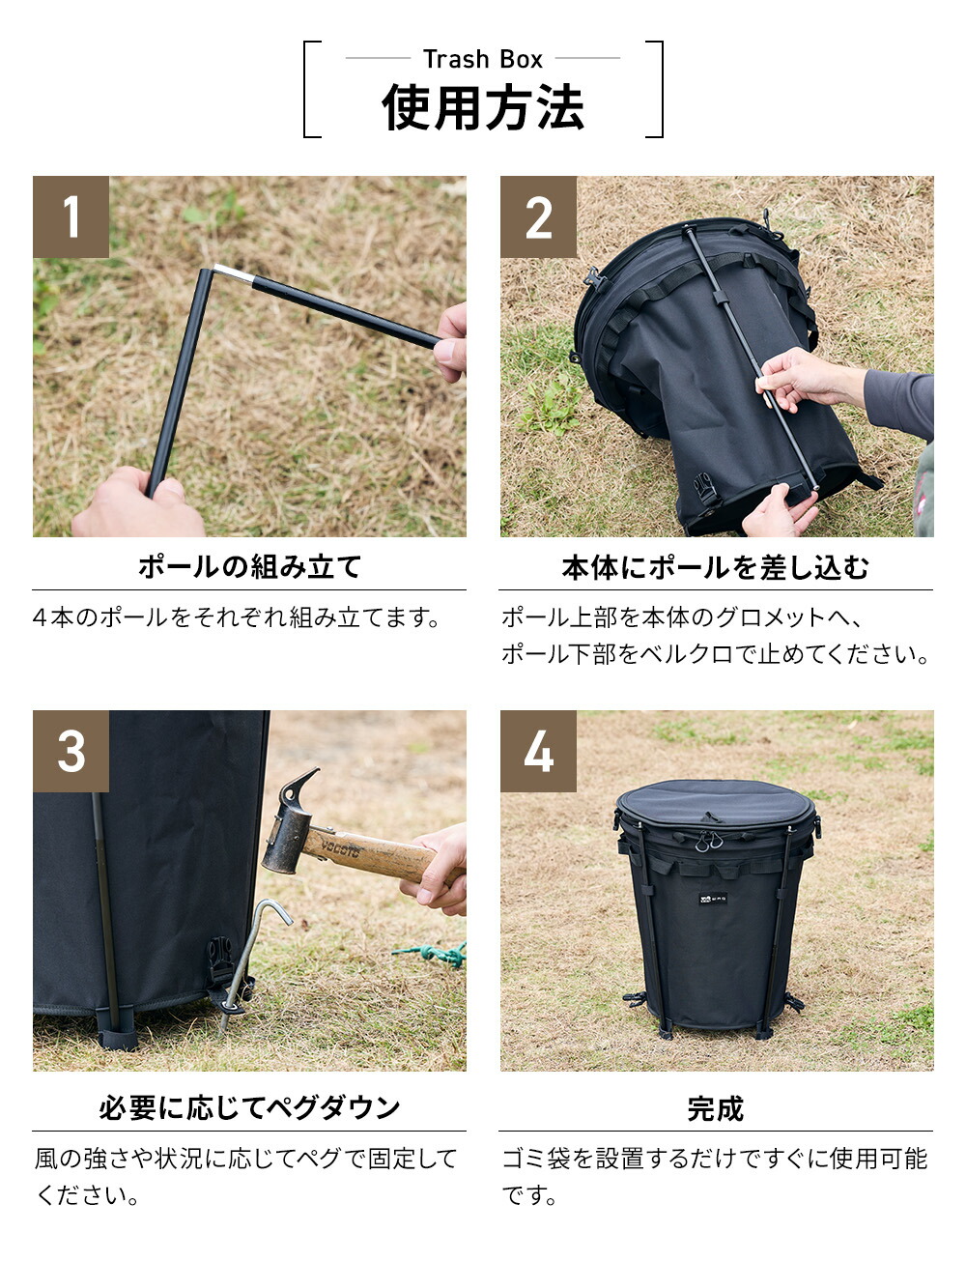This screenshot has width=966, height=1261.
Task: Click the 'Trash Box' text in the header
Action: pyautogui.click(x=482, y=59)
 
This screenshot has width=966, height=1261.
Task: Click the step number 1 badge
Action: pyautogui.click(x=71, y=216)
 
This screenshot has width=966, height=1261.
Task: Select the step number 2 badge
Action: pyautogui.click(x=538, y=216)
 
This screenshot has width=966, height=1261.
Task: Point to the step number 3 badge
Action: pyautogui.click(x=71, y=751)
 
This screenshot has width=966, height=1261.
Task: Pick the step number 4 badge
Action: pyautogui.click(x=538, y=751)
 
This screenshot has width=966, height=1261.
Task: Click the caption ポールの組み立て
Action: pyautogui.click(x=249, y=566)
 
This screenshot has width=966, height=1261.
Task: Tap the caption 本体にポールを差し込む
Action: pyautogui.click(x=715, y=566)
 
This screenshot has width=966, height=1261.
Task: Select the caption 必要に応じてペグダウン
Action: pyautogui.click(x=249, y=1107)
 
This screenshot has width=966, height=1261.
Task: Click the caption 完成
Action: pyautogui.click(x=715, y=1108)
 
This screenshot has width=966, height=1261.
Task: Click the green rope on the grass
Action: pyautogui.click(x=434, y=955)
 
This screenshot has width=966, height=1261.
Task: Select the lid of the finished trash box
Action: pyautogui.click(x=716, y=803)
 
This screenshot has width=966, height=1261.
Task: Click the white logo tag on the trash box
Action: pyautogui.click(x=713, y=899)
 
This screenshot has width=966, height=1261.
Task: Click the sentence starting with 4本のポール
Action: pyautogui.click(x=237, y=617)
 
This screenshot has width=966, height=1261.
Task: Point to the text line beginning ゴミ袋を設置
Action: pyautogui.click(x=715, y=1159)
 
